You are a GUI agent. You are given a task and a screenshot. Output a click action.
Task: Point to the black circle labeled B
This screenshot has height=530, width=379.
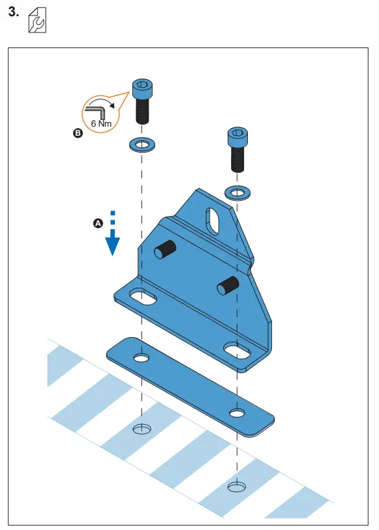(78, 134)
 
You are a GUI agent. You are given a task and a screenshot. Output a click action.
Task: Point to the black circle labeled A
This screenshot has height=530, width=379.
(98, 223)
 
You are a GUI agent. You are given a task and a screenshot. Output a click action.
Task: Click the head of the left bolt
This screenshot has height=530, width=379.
(142, 87)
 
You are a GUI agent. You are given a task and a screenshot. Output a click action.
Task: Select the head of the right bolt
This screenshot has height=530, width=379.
(236, 137)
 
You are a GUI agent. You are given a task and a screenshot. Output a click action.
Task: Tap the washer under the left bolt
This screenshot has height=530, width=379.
(142, 144)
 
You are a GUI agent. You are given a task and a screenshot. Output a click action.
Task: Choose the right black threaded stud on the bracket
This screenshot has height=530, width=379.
(228, 284)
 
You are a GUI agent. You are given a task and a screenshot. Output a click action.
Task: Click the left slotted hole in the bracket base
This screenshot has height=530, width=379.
(142, 299)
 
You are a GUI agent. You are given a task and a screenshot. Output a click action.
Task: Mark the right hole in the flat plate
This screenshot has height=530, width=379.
(236, 412)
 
